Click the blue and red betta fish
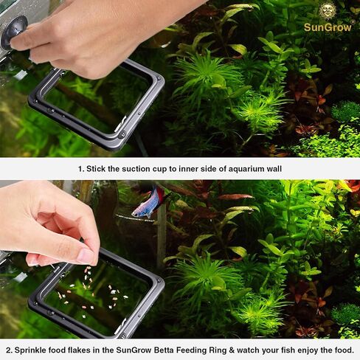pos(148,201)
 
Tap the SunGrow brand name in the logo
pos(328,27)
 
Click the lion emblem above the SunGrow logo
pos(328,10)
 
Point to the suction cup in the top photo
pos(13,32)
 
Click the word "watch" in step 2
pos(285,349)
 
